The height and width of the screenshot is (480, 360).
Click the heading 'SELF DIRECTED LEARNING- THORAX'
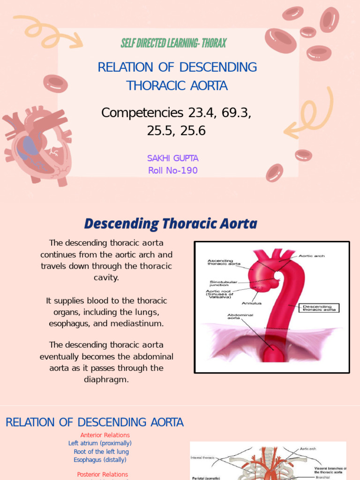pyautogui.click(x=173, y=44)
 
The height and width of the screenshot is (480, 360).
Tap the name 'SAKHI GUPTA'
pyautogui.click(x=172, y=158)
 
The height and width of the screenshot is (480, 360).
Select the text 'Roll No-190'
pyautogui.click(x=172, y=170)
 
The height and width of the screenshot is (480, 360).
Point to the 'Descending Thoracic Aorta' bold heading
pyautogui.click(x=171, y=224)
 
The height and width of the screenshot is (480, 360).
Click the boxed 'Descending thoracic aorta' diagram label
pyautogui.click(x=320, y=308)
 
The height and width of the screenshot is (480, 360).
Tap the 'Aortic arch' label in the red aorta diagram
pyautogui.click(x=312, y=256)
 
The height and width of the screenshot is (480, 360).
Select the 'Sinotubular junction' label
pyautogui.click(x=223, y=284)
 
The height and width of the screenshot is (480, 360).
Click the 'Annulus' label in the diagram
pyautogui.click(x=251, y=303)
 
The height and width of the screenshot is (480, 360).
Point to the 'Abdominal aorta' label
pyautogui.click(x=240, y=317)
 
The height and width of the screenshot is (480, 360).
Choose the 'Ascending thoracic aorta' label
pyautogui.click(x=224, y=262)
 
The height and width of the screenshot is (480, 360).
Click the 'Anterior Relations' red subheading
pyautogui.click(x=105, y=435)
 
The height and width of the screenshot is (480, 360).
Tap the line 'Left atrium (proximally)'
pyautogui.click(x=100, y=443)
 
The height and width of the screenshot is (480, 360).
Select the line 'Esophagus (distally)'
pyautogui.click(x=100, y=460)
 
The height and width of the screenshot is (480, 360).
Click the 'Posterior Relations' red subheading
pyautogui.click(x=103, y=474)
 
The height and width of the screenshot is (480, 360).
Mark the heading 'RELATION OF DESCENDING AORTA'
pyautogui.click(x=94, y=422)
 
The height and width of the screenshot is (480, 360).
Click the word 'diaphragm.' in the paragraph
pyautogui.click(x=106, y=379)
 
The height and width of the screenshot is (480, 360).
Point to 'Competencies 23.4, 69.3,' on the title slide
pyautogui.click(x=176, y=113)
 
